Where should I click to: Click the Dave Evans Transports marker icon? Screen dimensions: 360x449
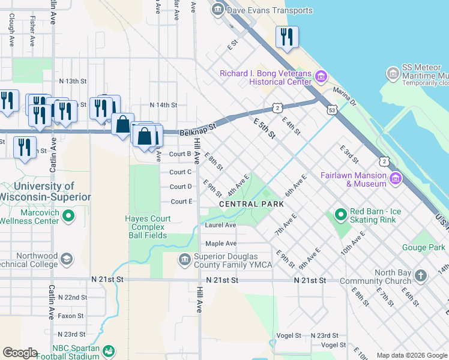tap(217, 10)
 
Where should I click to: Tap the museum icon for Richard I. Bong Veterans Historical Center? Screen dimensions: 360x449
tap(321, 76)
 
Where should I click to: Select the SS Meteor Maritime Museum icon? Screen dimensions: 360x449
tap(394, 73)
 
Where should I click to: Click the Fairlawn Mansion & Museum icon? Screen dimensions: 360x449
tap(395, 178)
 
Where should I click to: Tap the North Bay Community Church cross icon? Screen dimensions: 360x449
tap(421, 276)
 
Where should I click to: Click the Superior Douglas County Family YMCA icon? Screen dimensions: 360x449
tap(184, 259)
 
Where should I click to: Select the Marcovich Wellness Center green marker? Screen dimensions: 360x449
tap(68, 215)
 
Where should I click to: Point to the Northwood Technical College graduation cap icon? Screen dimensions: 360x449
tap(67, 259)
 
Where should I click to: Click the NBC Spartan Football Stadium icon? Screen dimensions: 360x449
tap(109, 351)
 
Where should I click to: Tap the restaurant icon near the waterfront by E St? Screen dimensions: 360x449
tap(287, 37)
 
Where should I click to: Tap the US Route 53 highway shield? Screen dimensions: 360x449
tap(332, 110)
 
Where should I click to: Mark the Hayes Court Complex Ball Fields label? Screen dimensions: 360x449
tap(148, 227)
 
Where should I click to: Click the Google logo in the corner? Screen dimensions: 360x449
tap(20, 353)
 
